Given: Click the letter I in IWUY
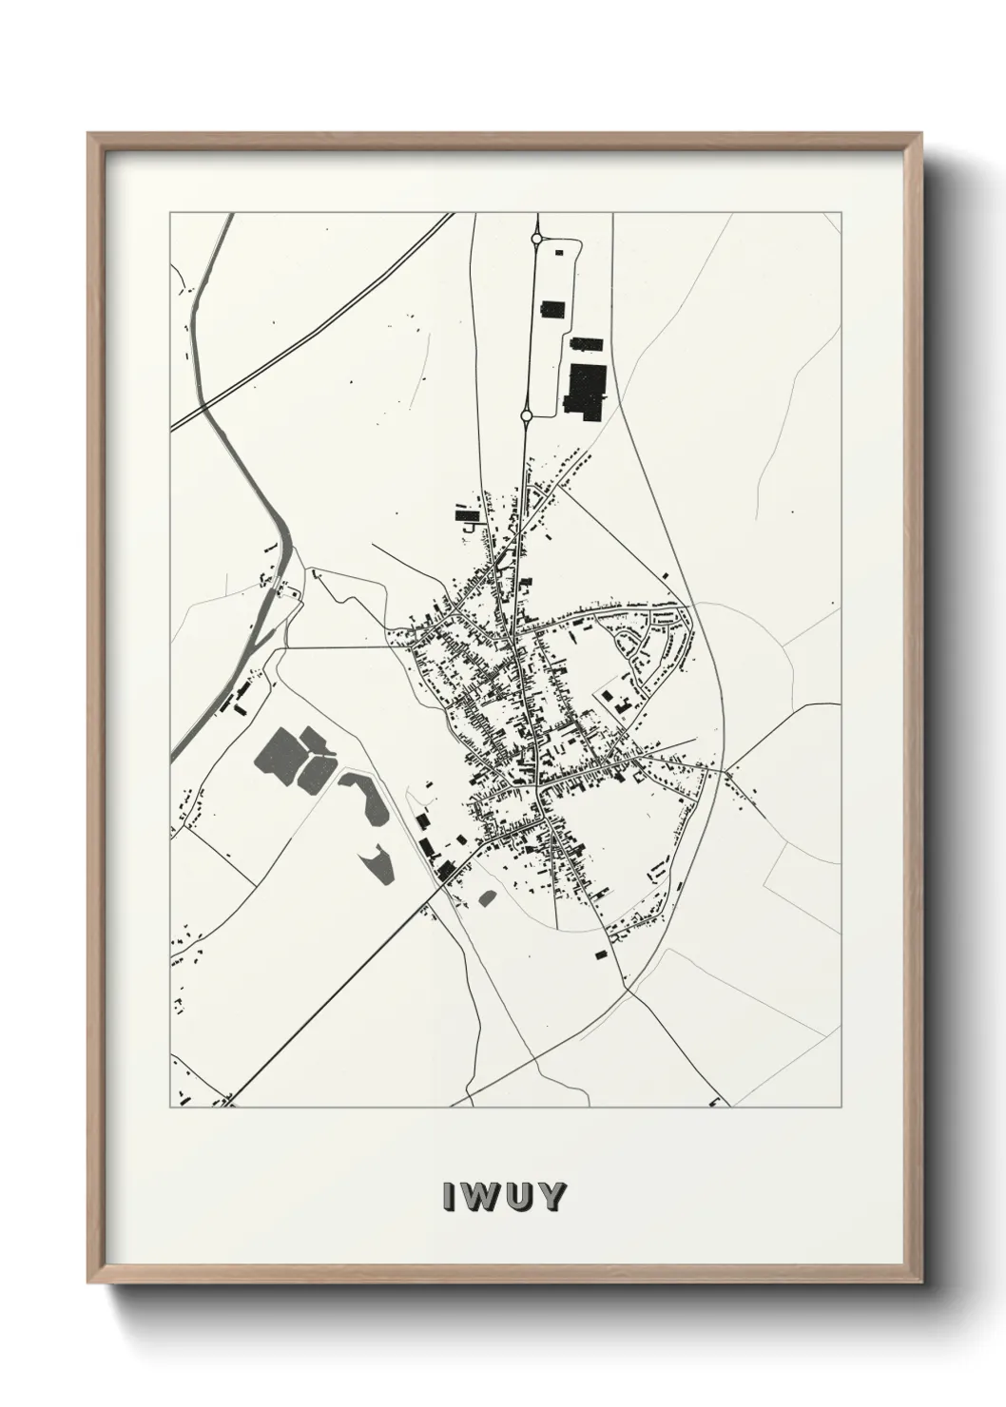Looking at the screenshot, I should pyautogui.click(x=446, y=1196).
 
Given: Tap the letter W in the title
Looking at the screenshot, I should pyautogui.click(x=477, y=1196).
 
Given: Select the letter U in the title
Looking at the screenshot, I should pyautogui.click(x=516, y=1196).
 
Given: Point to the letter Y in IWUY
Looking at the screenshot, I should pyautogui.click(x=551, y=1196).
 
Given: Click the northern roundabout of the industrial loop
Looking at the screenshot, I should pyautogui.click(x=536, y=240).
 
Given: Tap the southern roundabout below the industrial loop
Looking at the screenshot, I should pyautogui.click(x=526, y=415).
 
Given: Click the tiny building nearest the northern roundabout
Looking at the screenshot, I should pyautogui.click(x=558, y=252).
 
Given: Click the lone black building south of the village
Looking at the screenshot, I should pyautogui.click(x=600, y=953).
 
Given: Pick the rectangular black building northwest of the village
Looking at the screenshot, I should pyautogui.click(x=466, y=515).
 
